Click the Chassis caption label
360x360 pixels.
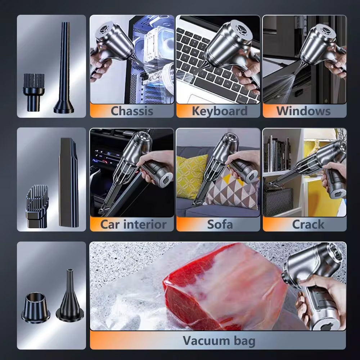click(131, 111)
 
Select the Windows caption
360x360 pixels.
click(303, 111)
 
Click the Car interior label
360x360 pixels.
click(133, 224)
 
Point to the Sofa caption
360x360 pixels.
click(220, 224)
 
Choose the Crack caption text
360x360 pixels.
click(308, 224)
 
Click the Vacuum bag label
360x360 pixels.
click(219, 340)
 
